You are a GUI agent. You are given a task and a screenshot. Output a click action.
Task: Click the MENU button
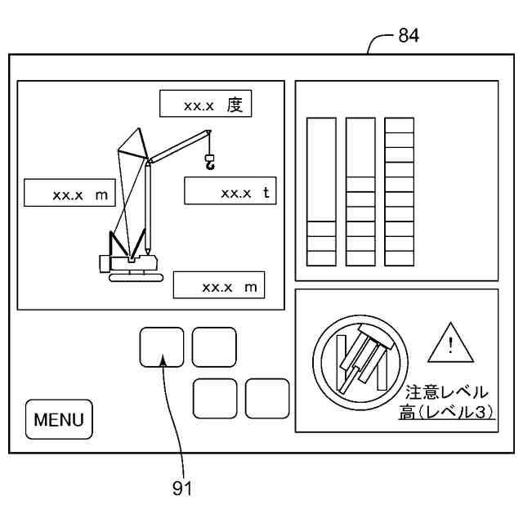[59, 421]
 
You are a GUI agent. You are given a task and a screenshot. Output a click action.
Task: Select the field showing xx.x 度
[204, 105]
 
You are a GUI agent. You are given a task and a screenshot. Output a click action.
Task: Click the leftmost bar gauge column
[321, 192]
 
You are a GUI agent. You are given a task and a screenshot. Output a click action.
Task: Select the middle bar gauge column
[360, 192]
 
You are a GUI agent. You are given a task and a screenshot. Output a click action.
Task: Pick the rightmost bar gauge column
[400, 192]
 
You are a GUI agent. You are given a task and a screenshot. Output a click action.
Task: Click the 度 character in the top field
[236, 105]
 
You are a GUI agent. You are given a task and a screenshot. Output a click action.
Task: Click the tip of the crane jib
[210, 132]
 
